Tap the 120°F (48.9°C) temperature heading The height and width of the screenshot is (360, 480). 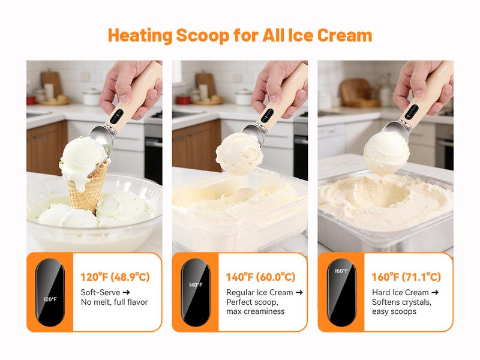[x=115, y=277]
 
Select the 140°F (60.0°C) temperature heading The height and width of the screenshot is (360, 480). [x=260, y=277]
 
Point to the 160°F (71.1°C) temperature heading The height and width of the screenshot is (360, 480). [x=406, y=277]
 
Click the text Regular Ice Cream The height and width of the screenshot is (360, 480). [x=259, y=292]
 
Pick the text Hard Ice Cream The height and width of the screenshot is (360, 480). [x=400, y=292]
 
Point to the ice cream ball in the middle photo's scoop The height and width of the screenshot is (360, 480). [x=239, y=154]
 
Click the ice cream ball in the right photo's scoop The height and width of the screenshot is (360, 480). [x=386, y=152]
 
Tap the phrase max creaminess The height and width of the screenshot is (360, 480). [x=255, y=311]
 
